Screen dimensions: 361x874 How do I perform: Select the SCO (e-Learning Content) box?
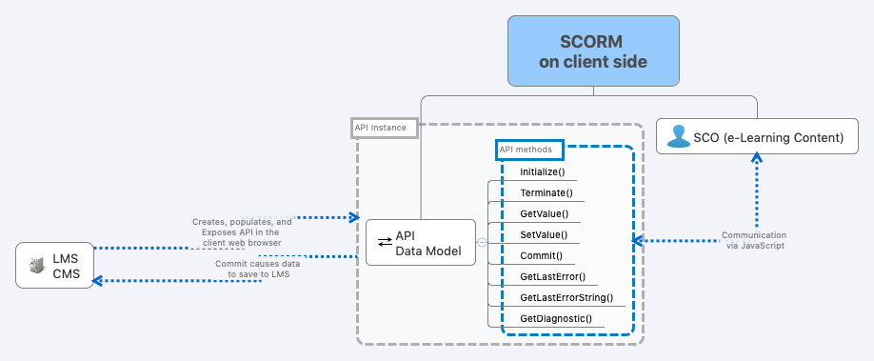757,138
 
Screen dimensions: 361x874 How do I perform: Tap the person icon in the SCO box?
678,138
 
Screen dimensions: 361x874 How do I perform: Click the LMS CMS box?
56,266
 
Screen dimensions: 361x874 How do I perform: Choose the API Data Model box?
420,243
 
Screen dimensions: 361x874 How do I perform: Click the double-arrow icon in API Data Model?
385,243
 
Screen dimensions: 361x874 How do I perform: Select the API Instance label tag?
385,128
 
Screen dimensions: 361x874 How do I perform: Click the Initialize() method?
543,172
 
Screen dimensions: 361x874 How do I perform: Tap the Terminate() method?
546,193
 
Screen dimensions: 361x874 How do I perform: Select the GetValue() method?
544,214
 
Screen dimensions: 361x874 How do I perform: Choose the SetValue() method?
544,235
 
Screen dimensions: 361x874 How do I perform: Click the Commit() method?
541,256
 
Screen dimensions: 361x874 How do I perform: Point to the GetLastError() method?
552,277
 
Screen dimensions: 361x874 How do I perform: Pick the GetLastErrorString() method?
566,298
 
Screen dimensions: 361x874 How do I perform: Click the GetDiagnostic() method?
555,319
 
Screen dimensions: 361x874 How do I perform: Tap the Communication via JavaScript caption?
753,240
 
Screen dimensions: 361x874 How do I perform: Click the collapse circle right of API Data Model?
482,242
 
